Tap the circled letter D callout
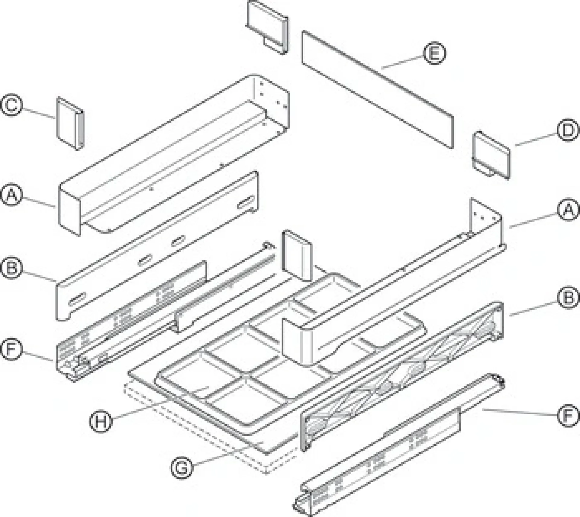pyautogui.click(x=568, y=130)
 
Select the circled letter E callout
pyautogui.click(x=434, y=53)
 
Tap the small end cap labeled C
pyautogui.click(x=70, y=123)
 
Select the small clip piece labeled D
pyautogui.click(x=491, y=155)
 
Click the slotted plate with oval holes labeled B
pyautogui.click(x=157, y=245)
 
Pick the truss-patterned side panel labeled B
pyautogui.click(x=402, y=376)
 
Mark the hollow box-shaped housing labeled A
pyautogui.click(x=174, y=154)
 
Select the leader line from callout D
pyautogui.click(x=536, y=140)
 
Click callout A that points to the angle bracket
pyautogui.click(x=568, y=209)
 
